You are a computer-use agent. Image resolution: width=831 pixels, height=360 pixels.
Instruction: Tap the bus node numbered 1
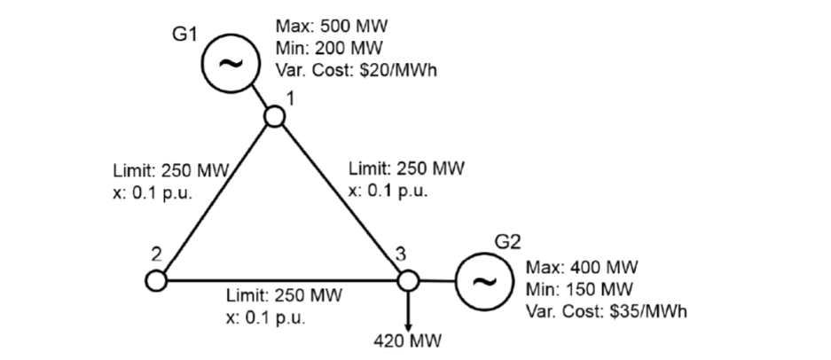275,115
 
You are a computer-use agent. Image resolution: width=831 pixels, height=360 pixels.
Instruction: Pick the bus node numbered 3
406,280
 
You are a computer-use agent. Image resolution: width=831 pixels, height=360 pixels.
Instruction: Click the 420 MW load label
407,340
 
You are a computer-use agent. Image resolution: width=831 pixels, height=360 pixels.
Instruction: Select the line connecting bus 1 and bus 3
341,198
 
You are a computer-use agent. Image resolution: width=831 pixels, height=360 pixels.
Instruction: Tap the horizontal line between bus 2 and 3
281,280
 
